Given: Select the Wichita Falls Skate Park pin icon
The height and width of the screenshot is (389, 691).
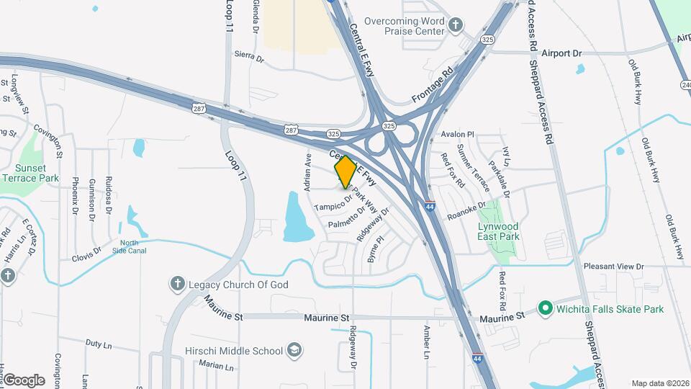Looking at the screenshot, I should pyautogui.click(x=546, y=309).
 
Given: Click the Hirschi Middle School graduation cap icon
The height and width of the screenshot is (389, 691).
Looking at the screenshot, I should pyautogui.click(x=294, y=351).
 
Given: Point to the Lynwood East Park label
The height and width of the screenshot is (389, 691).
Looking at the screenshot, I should pyautogui.click(x=498, y=231).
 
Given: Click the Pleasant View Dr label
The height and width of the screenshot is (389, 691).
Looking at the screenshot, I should pyautogui.click(x=613, y=267).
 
